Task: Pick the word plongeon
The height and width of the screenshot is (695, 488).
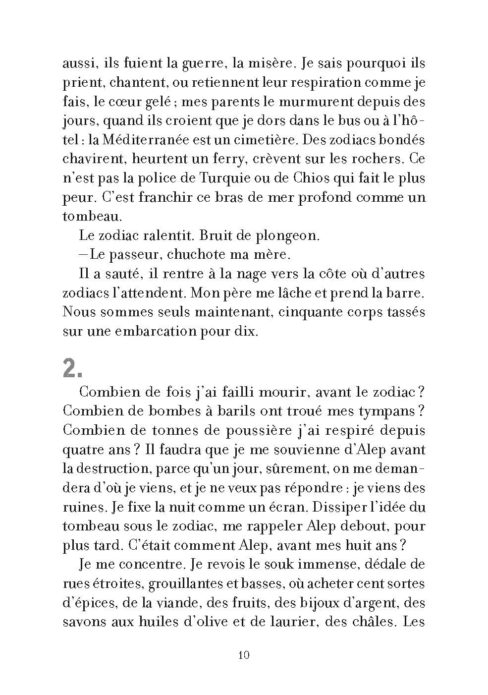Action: pos(287,235)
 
